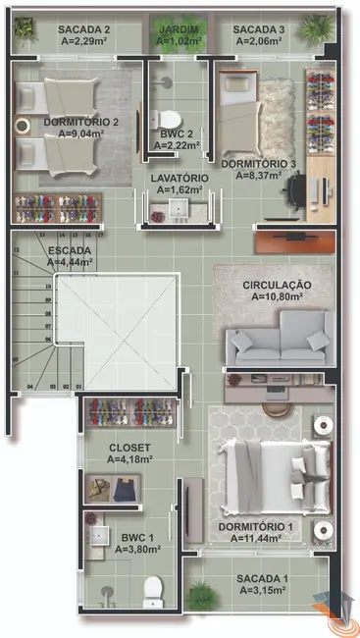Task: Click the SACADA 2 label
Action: pyautogui.click(x=83, y=30)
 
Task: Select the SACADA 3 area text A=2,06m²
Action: pyautogui.click(x=259, y=43)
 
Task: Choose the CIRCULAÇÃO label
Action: pyautogui.click(x=277, y=285)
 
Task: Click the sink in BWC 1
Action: pyautogui.click(x=100, y=536)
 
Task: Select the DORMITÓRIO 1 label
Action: pyautogui.click(x=262, y=525)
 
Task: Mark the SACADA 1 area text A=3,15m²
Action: pyautogui.click(x=262, y=591)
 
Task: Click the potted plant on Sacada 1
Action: pyautogui.click(x=202, y=595)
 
